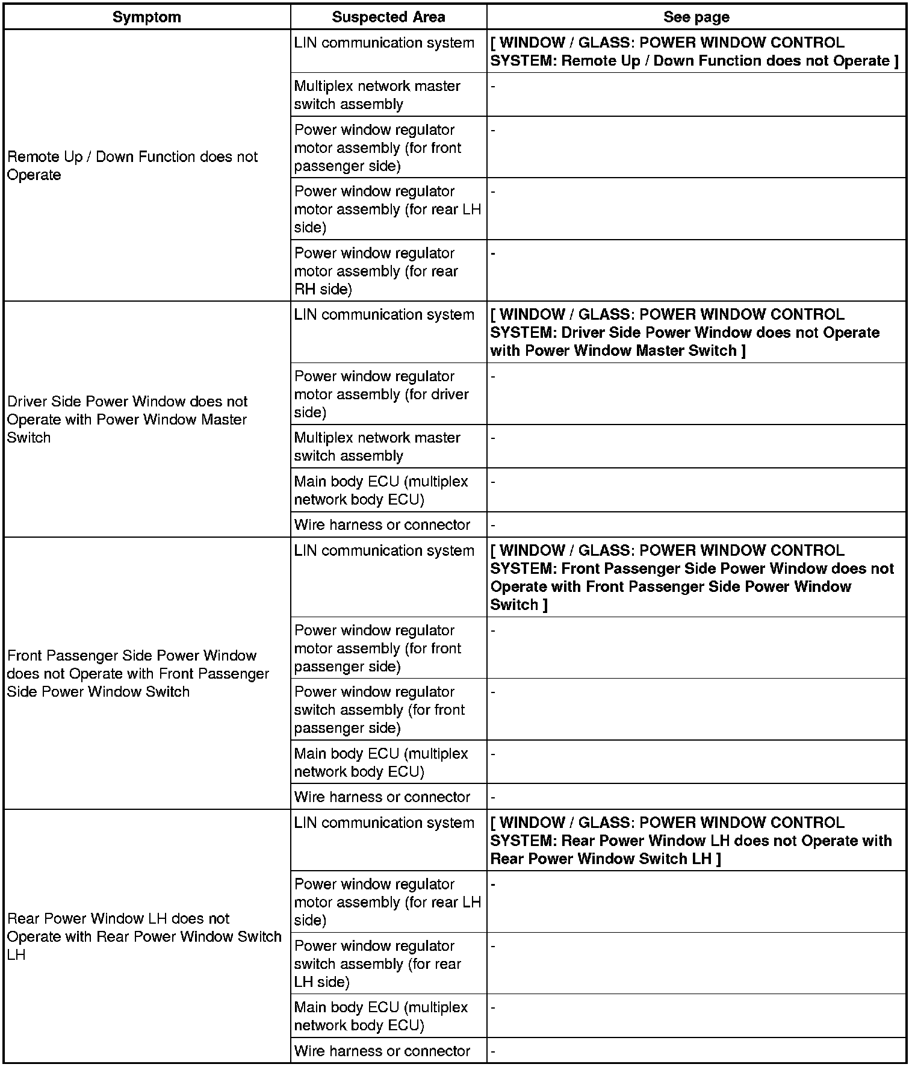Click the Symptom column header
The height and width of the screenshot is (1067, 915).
click(x=147, y=17)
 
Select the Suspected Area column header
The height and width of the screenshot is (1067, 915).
click(x=388, y=17)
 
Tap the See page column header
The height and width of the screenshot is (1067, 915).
click(x=696, y=17)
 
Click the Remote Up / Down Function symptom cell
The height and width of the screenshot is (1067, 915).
click(x=132, y=166)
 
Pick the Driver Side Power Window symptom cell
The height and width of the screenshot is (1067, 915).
click(x=127, y=419)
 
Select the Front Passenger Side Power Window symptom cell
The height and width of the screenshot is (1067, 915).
click(x=138, y=673)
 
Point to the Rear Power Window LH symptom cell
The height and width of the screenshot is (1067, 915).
click(x=144, y=936)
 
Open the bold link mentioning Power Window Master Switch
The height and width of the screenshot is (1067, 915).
click(x=684, y=332)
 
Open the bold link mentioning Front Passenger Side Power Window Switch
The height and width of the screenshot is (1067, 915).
click(x=692, y=577)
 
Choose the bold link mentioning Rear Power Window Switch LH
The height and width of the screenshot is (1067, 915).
click(x=690, y=841)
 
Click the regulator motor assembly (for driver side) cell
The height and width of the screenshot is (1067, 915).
click(x=381, y=394)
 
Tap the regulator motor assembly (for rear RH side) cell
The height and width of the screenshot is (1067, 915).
click(x=376, y=271)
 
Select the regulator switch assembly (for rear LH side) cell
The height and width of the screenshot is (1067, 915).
click(x=377, y=963)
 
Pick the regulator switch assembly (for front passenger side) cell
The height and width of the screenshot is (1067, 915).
click(x=379, y=709)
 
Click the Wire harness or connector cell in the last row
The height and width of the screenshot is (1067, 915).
click(x=382, y=1051)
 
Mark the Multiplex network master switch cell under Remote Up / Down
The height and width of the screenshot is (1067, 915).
click(x=377, y=95)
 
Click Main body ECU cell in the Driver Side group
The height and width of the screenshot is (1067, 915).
click(x=380, y=490)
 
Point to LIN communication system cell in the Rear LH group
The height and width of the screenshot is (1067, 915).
click(x=383, y=823)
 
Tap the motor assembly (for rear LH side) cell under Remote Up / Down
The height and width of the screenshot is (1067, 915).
click(x=387, y=209)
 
